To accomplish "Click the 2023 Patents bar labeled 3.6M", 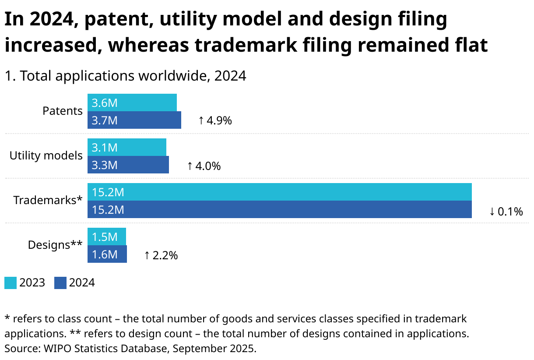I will coord(132,102).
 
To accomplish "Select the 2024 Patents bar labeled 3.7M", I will coord(134,120).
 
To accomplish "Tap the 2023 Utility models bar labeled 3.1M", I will coord(127,147).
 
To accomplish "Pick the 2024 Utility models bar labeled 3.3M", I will coord(128,165).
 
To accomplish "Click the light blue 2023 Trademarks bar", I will coord(279,192).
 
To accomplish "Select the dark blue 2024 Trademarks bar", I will coord(279,209).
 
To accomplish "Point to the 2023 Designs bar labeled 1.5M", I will coord(107,236).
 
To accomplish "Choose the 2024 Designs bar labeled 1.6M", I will coord(107,254).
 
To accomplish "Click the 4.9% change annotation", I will coord(215,120).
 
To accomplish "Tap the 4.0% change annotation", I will coord(204,166).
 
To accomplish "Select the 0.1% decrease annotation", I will coord(506,212).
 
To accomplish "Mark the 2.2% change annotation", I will coord(161,255).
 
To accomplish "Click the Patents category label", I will coord(62,111).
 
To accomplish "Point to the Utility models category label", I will coord(46,155).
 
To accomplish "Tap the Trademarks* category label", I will coord(48,200).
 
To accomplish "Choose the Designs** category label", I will coord(55,245).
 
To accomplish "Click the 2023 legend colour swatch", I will coord(11,283).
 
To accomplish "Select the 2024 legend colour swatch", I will coord(60,283).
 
